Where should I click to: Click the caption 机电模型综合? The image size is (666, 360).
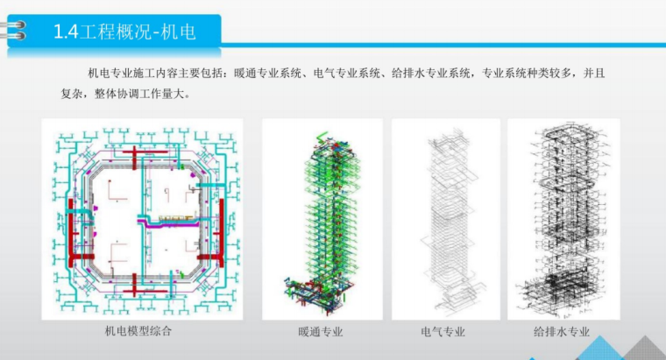tap(138, 331)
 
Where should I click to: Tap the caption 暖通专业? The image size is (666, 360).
tap(321, 332)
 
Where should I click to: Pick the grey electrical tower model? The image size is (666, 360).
tap(444, 219)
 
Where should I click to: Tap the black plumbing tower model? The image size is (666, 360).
tap(562, 219)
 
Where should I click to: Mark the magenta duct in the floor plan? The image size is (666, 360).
tap(175, 224)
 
